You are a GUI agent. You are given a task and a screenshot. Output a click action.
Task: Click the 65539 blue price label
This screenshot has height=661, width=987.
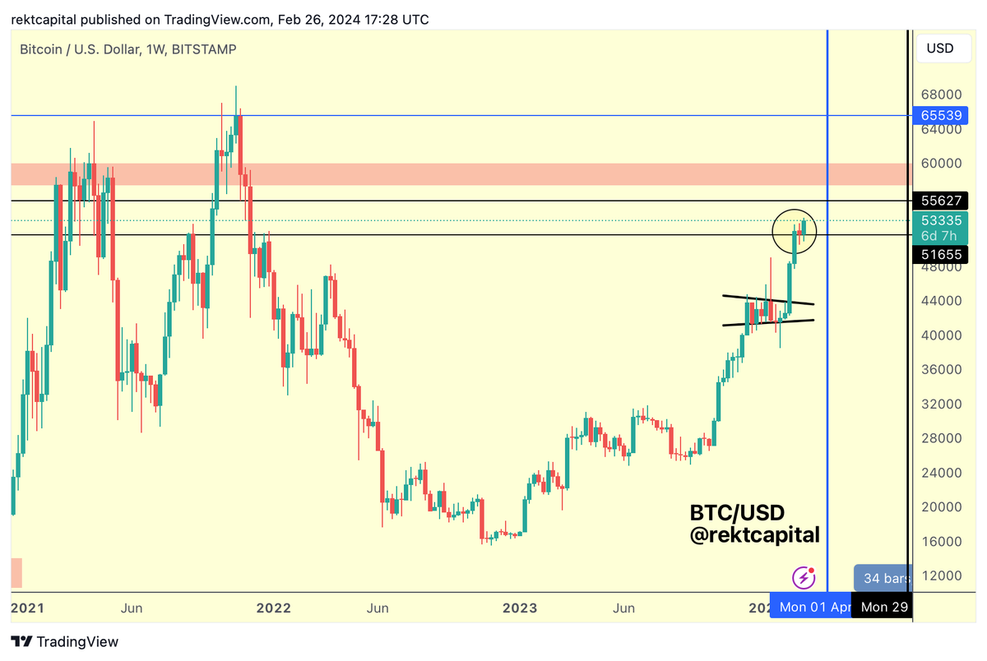tap(941, 116)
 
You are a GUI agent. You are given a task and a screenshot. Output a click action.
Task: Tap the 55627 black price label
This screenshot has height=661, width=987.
tap(941, 200)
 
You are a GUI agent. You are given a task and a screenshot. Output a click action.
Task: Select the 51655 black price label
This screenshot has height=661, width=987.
tap(941, 255)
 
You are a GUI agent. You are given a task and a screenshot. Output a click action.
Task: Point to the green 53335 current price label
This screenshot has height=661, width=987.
tap(941, 220)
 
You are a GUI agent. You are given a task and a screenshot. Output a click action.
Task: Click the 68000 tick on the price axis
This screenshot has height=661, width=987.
tap(940, 95)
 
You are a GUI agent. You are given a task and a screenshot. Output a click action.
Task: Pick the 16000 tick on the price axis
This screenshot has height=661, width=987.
tap(940, 542)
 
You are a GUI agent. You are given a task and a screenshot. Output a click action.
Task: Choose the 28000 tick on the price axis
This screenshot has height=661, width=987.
tap(940, 438)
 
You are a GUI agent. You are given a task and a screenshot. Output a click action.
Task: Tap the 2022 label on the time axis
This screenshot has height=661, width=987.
tap(274, 608)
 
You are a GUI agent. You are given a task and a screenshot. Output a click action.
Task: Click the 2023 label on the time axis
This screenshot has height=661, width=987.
tap(521, 608)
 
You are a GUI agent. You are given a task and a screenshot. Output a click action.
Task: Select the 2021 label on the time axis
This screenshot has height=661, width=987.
tap(27, 608)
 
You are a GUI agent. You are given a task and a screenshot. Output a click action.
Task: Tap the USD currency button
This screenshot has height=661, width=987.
tap(940, 48)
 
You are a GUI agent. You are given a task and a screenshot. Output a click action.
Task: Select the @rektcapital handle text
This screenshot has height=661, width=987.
tap(754, 535)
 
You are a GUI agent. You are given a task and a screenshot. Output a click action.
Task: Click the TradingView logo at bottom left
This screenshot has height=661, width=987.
tap(66, 641)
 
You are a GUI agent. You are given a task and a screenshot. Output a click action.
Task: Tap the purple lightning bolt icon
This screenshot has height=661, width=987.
tap(804, 578)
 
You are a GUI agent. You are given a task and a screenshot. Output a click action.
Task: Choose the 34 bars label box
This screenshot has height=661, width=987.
tap(883, 579)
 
